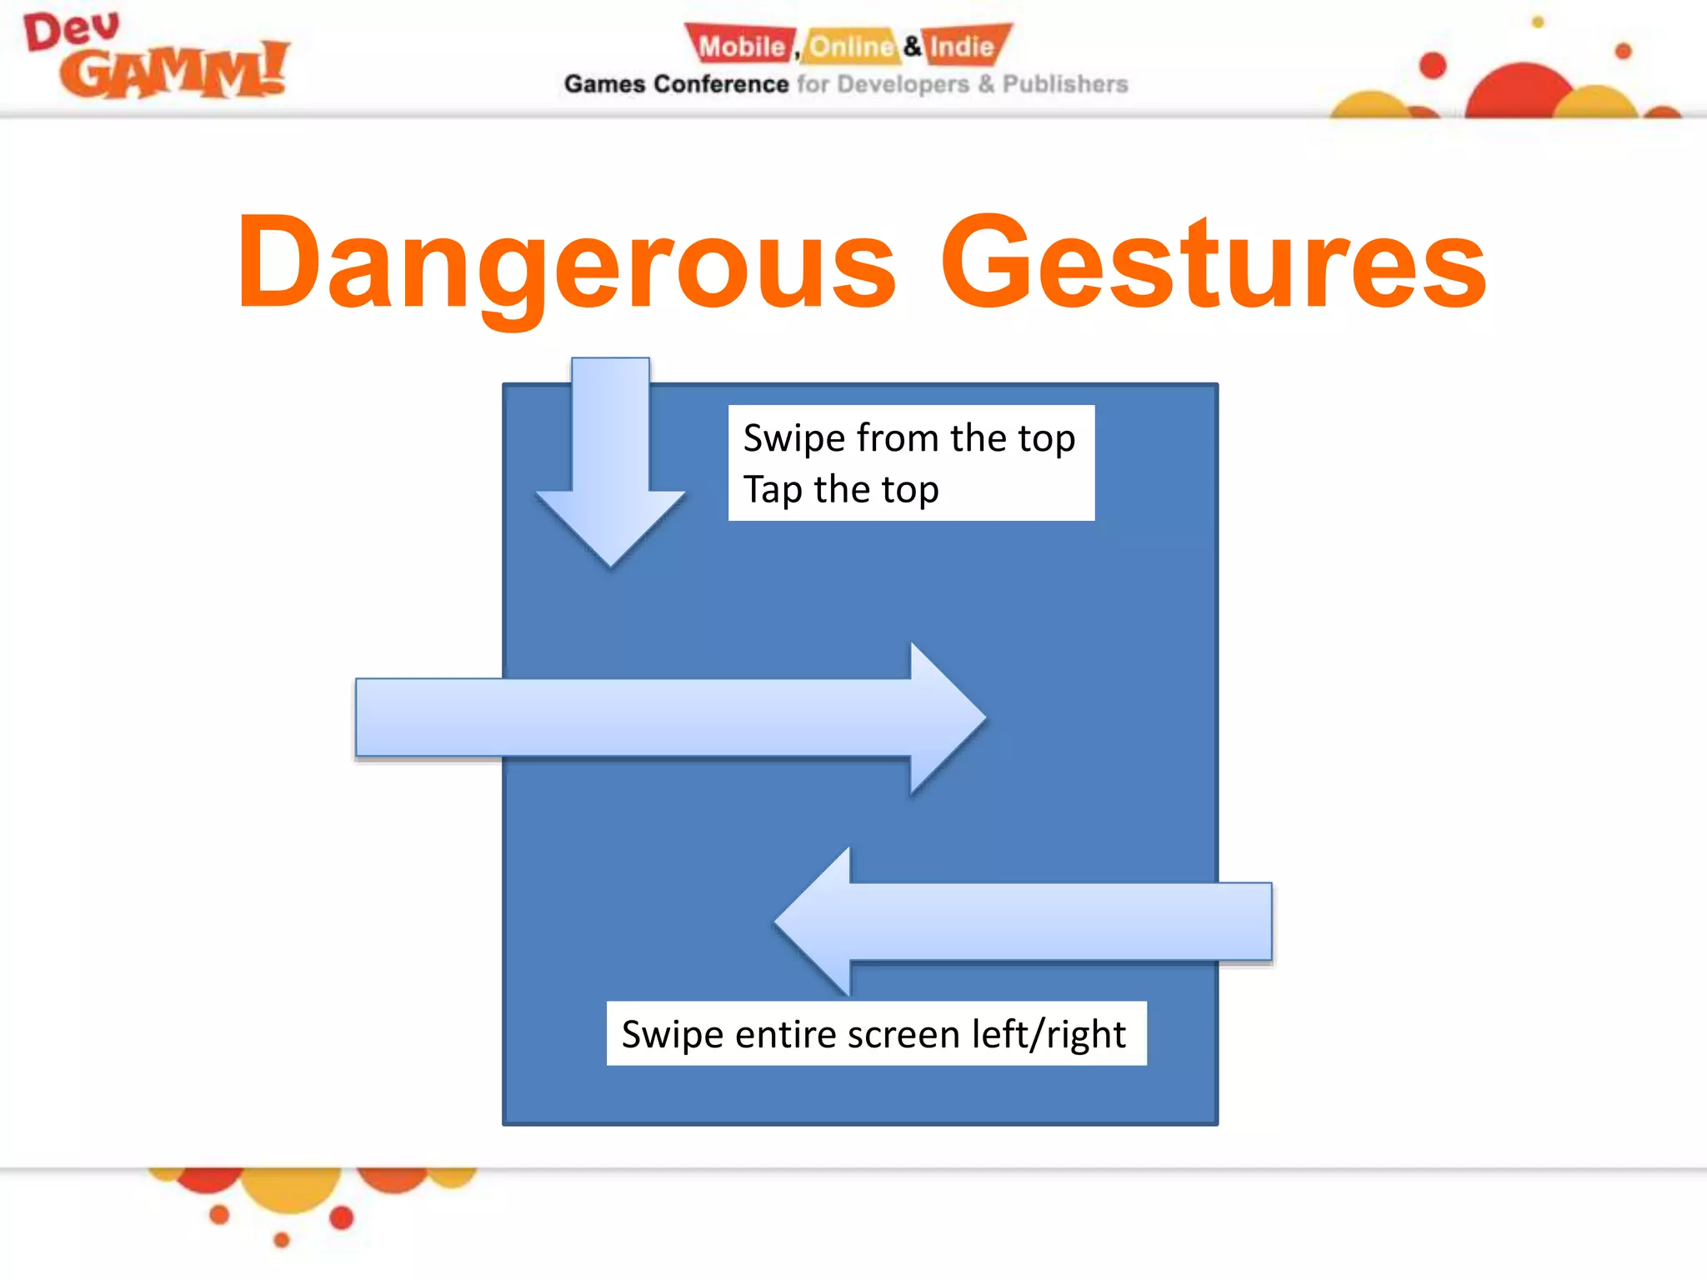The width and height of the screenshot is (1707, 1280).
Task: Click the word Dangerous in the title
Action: point(567,262)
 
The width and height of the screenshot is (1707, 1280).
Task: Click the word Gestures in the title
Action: point(1214,262)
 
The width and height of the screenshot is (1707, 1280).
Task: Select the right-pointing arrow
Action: point(667,717)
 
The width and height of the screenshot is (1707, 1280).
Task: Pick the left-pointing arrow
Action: point(1025,922)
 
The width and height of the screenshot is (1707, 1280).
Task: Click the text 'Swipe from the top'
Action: point(909,438)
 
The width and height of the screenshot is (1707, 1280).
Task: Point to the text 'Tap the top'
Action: point(841,489)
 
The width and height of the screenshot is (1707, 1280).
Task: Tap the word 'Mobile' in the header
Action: point(741,46)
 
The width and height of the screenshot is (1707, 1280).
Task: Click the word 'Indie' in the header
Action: point(963,46)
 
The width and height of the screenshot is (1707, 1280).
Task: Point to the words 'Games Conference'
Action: point(676,84)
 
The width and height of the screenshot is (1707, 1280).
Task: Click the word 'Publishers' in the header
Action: point(1064,84)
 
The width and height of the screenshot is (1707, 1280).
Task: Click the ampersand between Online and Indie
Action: point(913,46)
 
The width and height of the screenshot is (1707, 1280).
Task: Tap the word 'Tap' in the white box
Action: point(773,489)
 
